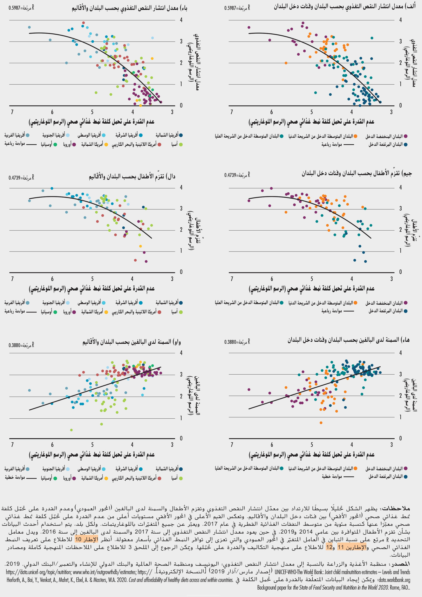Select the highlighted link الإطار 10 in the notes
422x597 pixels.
coord(86,539)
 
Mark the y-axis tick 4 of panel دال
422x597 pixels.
coord(181,187)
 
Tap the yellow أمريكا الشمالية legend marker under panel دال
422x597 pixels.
coord(106,312)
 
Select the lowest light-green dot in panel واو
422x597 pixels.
coord(72,430)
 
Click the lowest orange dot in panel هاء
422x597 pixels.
coord(321,423)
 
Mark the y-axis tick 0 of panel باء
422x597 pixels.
coord(181,105)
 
